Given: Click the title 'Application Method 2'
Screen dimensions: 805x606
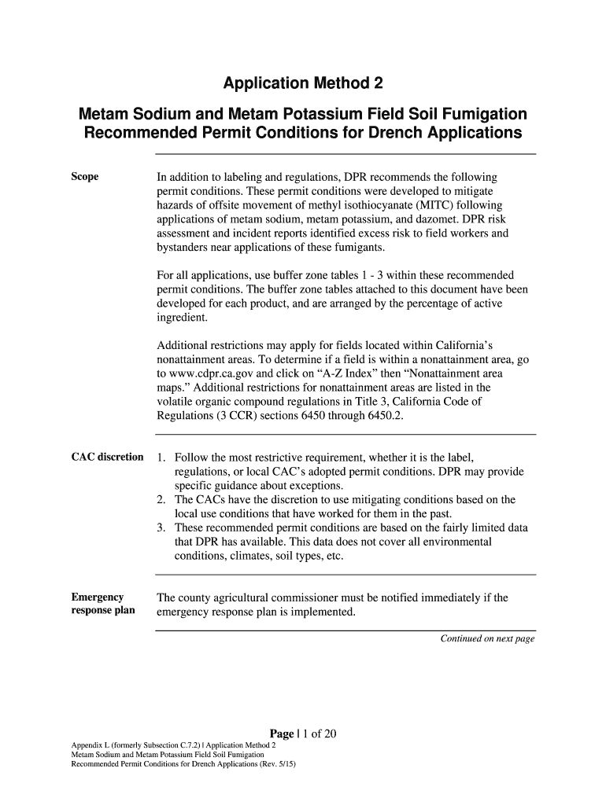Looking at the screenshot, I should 303,84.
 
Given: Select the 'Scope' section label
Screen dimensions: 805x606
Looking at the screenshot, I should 85,177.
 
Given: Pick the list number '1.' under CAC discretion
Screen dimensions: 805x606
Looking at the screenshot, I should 161,458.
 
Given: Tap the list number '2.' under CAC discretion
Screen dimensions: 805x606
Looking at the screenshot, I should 161,500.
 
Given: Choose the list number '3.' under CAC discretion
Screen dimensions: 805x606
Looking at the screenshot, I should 161,528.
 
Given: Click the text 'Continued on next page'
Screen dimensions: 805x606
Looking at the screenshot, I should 487,639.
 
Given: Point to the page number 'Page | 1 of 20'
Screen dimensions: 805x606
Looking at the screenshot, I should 303,734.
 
